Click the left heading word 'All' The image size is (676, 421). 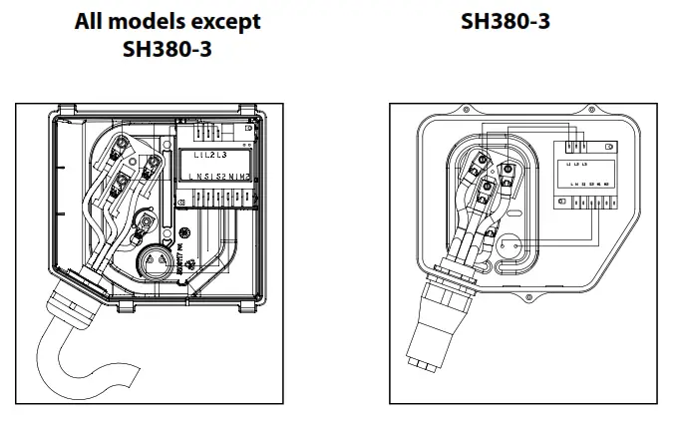tap(92, 21)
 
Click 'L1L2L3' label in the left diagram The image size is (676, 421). tap(206, 157)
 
